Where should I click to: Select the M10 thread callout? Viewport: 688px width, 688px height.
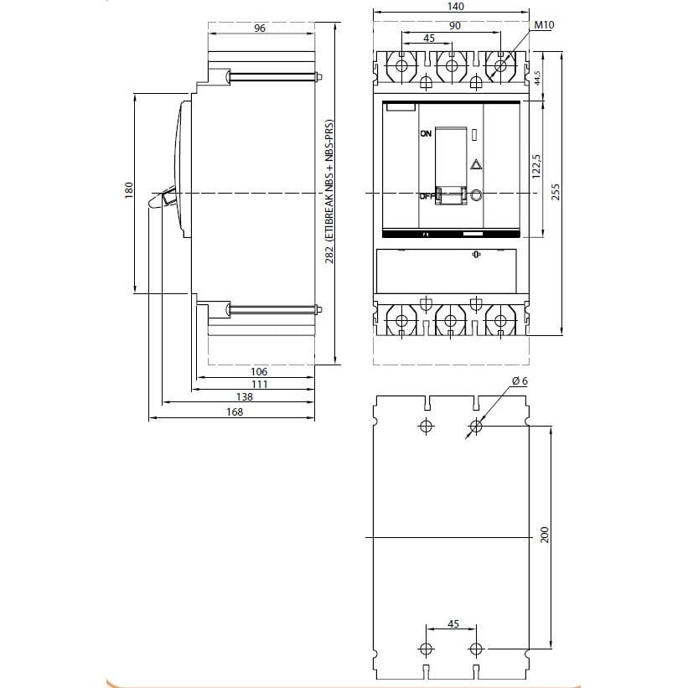coord(544,26)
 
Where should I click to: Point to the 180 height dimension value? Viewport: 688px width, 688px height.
coord(128,192)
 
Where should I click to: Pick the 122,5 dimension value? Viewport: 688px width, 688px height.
coord(535,168)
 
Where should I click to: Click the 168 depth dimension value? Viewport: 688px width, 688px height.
coord(234,411)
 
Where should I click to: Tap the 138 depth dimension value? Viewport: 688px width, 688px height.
coord(244,396)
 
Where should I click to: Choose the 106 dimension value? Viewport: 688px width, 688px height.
coord(259,371)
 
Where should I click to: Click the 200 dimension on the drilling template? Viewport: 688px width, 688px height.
coord(544,536)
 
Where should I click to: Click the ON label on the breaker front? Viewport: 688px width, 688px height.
coord(426,134)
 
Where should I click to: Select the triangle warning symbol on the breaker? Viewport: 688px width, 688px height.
coord(475,165)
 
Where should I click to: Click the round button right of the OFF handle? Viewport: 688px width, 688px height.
coord(475,195)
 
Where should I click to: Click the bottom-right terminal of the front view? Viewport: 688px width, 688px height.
coord(501,320)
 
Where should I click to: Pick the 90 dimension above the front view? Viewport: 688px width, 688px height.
coord(453,26)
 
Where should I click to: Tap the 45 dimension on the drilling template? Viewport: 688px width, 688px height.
coord(453,623)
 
